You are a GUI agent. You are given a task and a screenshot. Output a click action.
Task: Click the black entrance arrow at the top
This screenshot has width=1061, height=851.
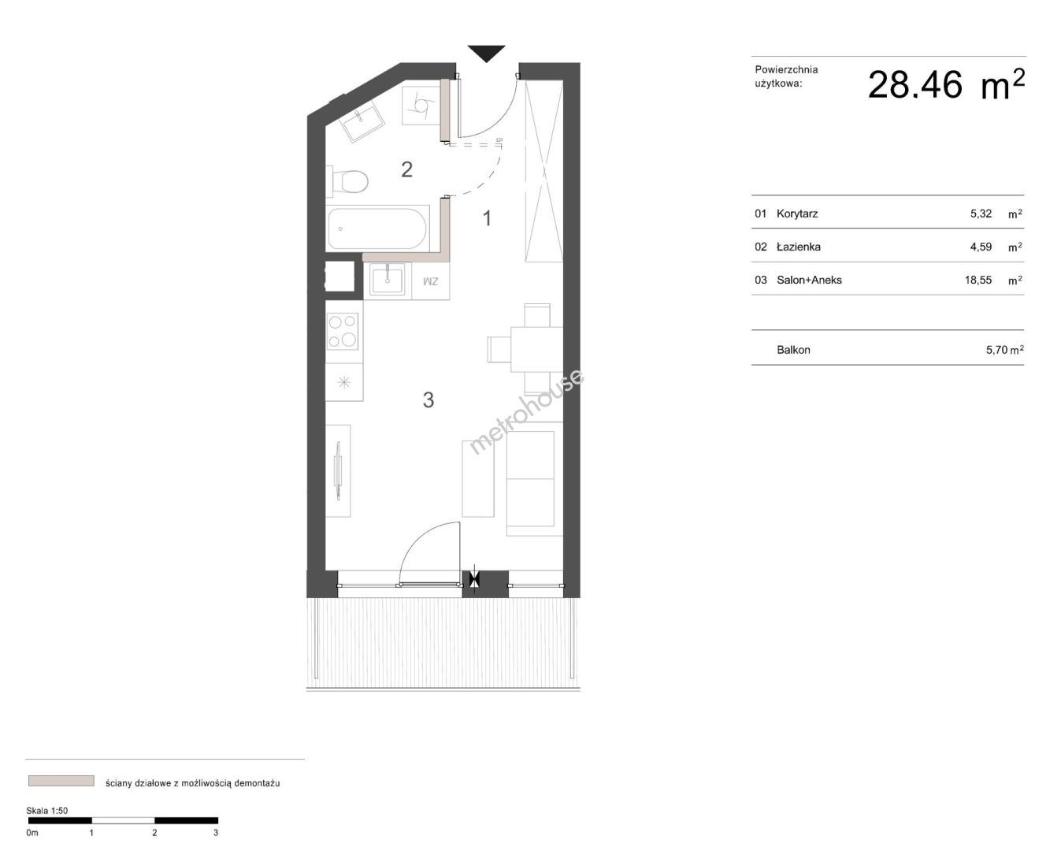tap(486, 53)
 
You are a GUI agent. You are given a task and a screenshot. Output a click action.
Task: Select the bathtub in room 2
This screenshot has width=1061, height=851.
tap(377, 229)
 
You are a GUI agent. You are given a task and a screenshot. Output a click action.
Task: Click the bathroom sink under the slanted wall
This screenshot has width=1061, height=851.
tap(362, 118)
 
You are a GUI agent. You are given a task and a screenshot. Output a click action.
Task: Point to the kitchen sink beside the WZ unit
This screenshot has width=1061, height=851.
tap(387, 279)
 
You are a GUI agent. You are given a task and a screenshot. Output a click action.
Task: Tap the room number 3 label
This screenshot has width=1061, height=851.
tap(428, 399)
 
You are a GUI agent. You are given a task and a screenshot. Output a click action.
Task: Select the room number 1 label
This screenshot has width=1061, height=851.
tap(487, 218)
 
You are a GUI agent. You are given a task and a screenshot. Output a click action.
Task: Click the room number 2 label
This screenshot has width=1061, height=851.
tap(406, 169)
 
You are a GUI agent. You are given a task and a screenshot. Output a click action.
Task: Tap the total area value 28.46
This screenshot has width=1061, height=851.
tap(914, 85)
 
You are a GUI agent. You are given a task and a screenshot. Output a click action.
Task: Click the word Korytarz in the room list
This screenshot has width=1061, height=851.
tap(797, 214)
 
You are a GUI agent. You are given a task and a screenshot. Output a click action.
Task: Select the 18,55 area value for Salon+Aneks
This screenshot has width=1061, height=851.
tap(978, 280)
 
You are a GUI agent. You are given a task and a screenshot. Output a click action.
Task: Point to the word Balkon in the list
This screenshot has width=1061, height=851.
tap(793, 350)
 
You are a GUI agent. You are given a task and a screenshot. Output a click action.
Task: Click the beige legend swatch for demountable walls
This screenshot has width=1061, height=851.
tap(61, 781)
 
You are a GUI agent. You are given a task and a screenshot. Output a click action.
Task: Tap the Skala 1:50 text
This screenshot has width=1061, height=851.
tap(46, 811)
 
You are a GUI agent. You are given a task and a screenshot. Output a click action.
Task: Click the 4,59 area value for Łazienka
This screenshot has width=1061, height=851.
tap(981, 247)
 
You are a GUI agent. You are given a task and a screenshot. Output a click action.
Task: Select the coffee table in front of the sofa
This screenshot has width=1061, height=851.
tap(478, 478)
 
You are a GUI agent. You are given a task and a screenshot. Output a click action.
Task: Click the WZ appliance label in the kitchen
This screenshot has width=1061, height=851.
tap(430, 281)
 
